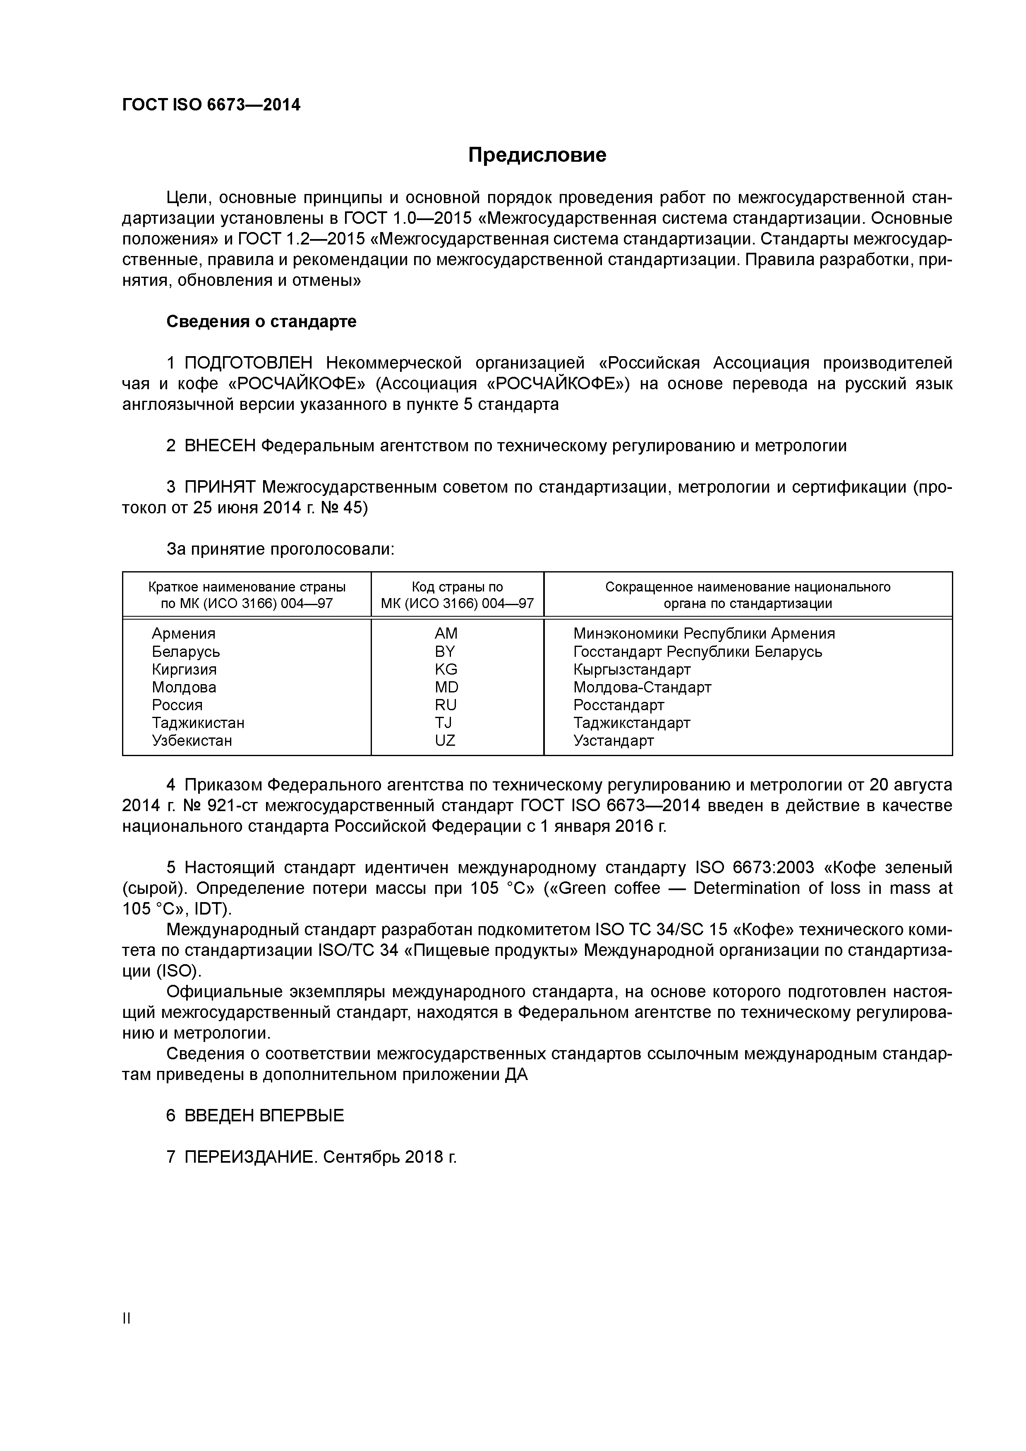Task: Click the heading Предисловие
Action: tap(537, 155)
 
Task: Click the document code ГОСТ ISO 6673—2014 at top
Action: tap(211, 105)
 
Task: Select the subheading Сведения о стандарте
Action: tap(261, 322)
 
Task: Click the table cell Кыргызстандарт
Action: tap(632, 669)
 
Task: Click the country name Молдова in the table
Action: tap(184, 687)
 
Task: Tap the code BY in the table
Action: tap(445, 651)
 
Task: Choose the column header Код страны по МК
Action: tap(457, 595)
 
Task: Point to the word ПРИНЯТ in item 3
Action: tap(220, 487)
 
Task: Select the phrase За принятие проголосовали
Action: tap(280, 549)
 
